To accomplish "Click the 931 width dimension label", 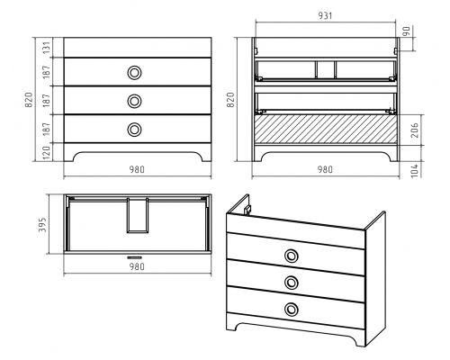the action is (x=325, y=15).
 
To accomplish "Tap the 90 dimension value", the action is (x=406, y=31).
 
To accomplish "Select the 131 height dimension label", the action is (x=47, y=48).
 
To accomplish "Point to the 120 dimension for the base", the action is (x=47, y=153).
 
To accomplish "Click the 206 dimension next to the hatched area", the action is (x=415, y=130).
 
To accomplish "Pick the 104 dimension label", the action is (x=415, y=170).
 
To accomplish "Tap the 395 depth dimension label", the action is (x=43, y=225).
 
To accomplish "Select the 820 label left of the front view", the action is (x=29, y=100).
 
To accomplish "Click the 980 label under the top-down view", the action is (x=137, y=266).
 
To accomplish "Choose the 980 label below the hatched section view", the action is (x=325, y=170).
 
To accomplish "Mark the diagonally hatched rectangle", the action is (x=326, y=130).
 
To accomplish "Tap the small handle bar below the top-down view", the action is (x=134, y=257).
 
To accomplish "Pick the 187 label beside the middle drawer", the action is (x=47, y=101).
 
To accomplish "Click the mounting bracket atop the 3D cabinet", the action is (x=247, y=210).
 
